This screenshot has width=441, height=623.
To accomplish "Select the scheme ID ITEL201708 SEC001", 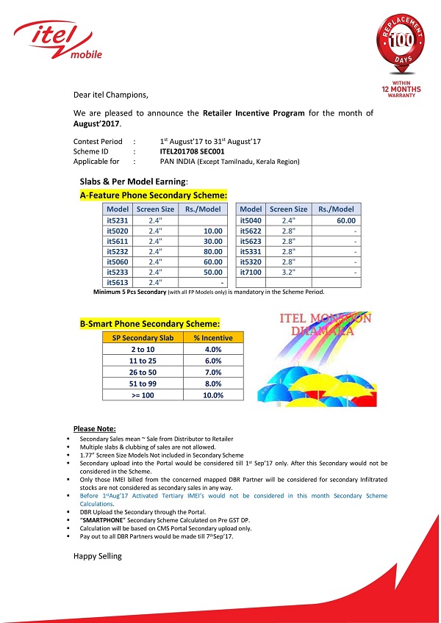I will [x=192, y=150].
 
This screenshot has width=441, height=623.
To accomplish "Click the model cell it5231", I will [x=118, y=220].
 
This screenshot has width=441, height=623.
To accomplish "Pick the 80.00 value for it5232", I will [x=212, y=251].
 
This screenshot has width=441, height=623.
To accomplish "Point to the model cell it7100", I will [x=251, y=272].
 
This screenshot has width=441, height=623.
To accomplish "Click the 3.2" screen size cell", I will [x=288, y=272].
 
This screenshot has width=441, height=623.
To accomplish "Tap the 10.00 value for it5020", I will [x=212, y=230].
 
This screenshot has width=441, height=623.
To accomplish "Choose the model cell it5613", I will [x=118, y=282].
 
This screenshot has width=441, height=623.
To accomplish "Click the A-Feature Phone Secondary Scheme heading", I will [x=153, y=195].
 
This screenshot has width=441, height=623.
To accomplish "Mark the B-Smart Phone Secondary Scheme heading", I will [x=149, y=323].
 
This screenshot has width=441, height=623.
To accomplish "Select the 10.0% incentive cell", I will [x=212, y=395].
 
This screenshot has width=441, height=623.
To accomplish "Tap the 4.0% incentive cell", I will [x=212, y=349].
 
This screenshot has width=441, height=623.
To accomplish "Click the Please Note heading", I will [x=95, y=428].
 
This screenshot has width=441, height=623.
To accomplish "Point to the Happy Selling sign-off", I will [x=98, y=556].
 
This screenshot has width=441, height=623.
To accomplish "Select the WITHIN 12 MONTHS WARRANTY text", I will [x=401, y=90].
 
